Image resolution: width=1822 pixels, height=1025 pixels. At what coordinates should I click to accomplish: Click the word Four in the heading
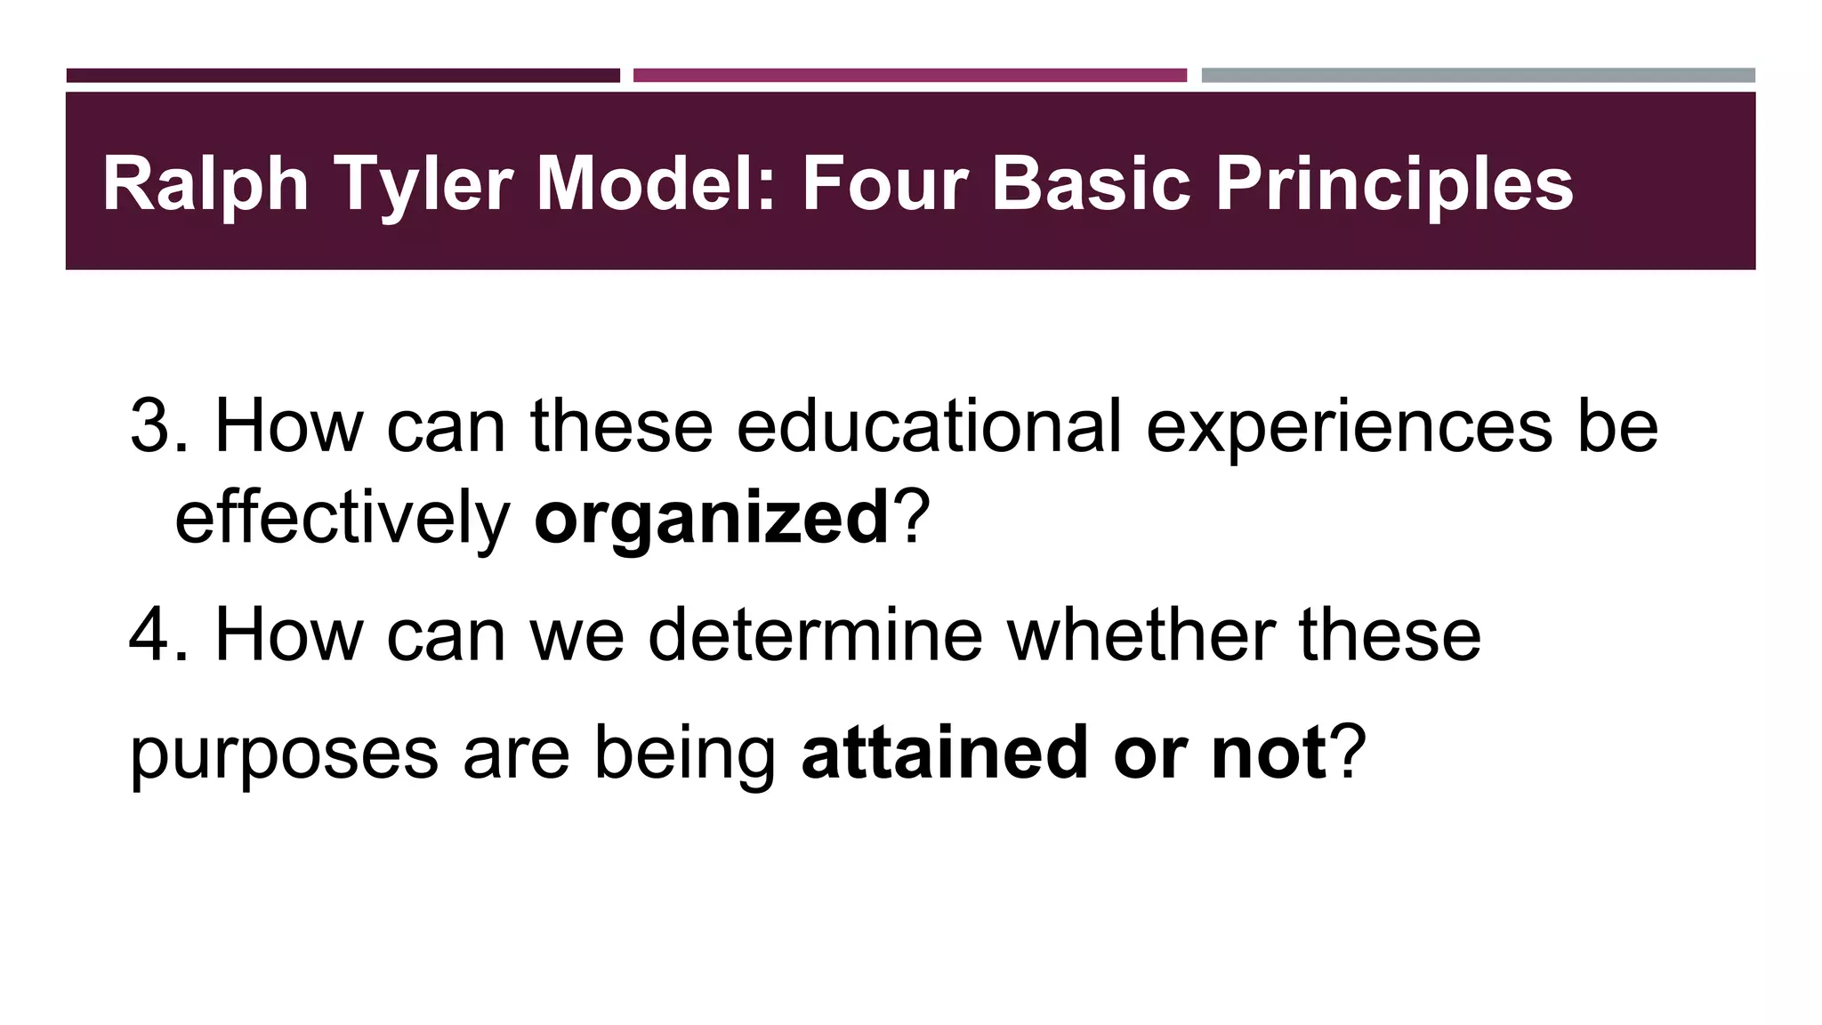[883, 184]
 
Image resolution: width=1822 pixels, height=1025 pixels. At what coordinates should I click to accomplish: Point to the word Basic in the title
[1091, 184]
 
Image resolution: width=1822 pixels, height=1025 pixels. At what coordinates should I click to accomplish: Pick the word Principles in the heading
[1394, 184]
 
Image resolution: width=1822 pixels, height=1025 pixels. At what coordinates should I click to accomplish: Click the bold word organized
[711, 518]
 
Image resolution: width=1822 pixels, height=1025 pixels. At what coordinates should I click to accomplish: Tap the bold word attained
[945, 753]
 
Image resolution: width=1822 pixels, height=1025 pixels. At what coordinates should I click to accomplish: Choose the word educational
[929, 425]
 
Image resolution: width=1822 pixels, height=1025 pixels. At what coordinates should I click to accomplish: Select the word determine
[815, 635]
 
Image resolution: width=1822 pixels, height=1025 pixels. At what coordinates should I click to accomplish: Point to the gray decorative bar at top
[1478, 76]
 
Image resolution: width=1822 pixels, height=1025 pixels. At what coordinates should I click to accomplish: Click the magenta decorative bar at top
[910, 76]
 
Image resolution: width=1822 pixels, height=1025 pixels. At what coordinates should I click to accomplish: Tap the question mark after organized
[911, 518]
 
